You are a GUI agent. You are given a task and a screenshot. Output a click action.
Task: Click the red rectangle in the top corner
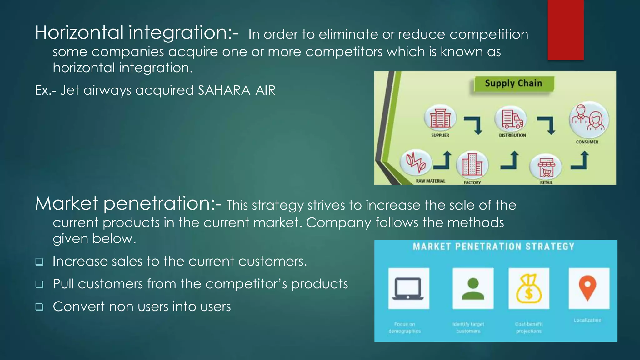565,30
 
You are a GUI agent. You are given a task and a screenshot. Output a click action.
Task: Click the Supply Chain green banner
513,83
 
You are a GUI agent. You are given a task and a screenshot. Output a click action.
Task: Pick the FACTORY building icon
472,165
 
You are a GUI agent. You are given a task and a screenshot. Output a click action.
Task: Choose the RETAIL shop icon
546,167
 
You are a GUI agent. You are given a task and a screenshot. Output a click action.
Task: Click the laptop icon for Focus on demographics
408,288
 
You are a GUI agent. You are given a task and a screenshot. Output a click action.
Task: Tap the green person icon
473,288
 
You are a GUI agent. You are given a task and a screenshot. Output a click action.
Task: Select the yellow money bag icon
529,288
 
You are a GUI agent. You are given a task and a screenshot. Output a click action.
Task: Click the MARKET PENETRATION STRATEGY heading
493,247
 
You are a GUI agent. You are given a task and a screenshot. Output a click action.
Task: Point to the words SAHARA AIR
236,90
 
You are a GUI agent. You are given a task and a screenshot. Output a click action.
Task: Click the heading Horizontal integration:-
137,32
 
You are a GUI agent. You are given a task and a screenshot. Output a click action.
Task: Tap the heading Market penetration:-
128,203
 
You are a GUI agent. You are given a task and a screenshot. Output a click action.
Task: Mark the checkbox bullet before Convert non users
39,307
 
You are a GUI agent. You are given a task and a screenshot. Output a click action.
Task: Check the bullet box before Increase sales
39,262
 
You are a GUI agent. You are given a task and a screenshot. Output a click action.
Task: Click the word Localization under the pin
587,320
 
